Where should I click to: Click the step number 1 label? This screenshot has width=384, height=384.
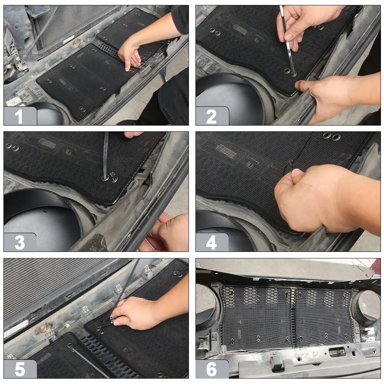click(19, 117)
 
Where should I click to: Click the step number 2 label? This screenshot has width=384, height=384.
click(211, 117)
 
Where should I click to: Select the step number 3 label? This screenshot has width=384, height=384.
click(20, 243)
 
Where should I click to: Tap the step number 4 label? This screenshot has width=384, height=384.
click(211, 243)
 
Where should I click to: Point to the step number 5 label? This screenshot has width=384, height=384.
click(20, 369)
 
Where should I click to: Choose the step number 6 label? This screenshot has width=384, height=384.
click(212, 369)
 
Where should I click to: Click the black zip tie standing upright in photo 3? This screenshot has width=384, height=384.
click(106, 156)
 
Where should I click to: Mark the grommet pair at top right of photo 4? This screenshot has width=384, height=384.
click(331, 136)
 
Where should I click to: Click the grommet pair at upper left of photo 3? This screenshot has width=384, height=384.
click(12, 147)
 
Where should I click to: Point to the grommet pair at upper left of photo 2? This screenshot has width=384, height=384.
click(215, 32)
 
